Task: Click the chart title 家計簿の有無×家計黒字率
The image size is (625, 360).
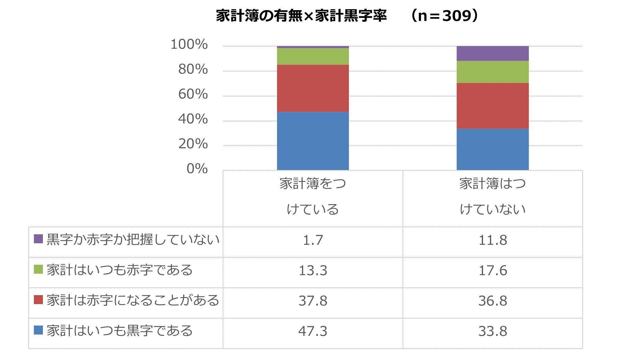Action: click(301, 16)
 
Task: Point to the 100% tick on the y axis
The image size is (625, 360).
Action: click(189, 45)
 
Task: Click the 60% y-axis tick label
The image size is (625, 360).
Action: click(193, 94)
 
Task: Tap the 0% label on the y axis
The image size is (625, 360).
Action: click(197, 169)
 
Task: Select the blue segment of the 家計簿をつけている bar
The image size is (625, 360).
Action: click(313, 141)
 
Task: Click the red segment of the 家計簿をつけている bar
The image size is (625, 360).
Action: click(313, 88)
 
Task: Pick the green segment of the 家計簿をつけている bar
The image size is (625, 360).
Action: click(313, 56)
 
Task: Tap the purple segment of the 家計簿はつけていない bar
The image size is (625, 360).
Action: click(493, 53)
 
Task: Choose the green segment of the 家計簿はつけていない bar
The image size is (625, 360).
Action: click(493, 72)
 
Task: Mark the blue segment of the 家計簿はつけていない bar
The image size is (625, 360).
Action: click(493, 149)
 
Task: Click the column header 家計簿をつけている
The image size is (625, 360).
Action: click(313, 196)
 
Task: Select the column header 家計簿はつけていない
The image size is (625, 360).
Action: click(493, 196)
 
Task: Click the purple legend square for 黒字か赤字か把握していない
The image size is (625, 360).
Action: click(38, 239)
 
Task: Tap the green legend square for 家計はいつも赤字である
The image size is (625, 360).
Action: click(38, 269)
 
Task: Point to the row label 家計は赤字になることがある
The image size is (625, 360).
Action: click(133, 300)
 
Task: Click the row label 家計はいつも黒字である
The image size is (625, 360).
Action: click(120, 330)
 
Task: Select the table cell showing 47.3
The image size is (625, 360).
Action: click(313, 331)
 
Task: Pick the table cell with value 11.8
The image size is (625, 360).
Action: click(493, 240)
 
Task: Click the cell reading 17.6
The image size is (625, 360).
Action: click(493, 271)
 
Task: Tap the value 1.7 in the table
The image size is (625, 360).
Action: click(313, 240)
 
